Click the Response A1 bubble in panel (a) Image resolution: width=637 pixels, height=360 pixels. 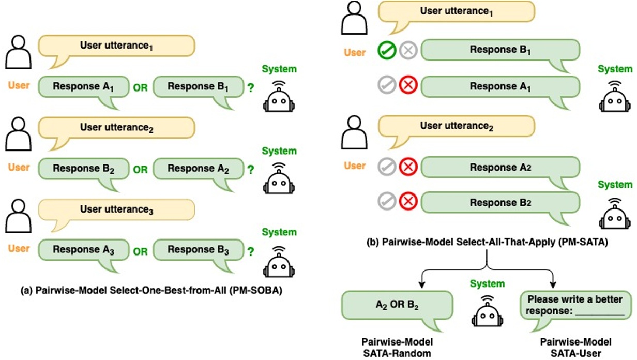click(x=84, y=87)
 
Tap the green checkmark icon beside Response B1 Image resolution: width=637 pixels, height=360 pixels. click(x=387, y=50)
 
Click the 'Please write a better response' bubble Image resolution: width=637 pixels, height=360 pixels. click(x=575, y=305)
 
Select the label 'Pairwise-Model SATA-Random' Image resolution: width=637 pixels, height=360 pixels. click(x=397, y=347)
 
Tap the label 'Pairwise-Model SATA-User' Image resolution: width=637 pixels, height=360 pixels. click(x=575, y=347)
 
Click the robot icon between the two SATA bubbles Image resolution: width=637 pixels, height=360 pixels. click(x=487, y=311)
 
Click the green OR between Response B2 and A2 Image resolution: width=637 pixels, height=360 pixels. click(x=141, y=169)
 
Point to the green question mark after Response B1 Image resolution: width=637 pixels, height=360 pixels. click(x=251, y=87)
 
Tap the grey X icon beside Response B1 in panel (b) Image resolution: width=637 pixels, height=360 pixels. click(x=408, y=50)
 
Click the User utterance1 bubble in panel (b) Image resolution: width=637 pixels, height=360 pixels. click(x=455, y=11)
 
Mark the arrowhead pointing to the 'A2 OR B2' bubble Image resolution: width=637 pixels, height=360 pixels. click(x=422, y=285)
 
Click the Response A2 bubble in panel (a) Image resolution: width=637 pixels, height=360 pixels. click(x=198, y=169)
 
